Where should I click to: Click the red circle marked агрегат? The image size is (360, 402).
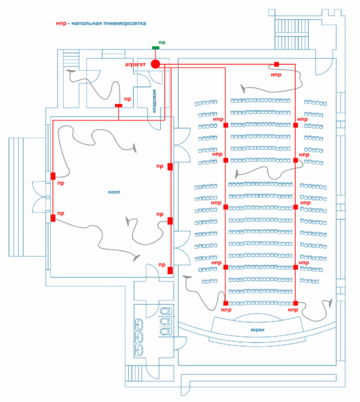point(155,64)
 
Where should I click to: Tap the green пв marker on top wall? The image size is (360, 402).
point(155,47)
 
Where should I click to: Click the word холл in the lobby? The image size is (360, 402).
point(114,192)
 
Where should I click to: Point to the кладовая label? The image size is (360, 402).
point(154,101)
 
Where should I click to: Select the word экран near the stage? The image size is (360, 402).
point(257,330)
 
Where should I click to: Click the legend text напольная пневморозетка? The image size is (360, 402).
point(109,23)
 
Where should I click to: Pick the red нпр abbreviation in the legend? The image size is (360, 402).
point(61,23)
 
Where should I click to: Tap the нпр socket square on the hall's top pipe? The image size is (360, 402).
point(277,64)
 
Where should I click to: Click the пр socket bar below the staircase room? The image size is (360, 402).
point(118,106)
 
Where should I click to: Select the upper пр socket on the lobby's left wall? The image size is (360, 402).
point(53,176)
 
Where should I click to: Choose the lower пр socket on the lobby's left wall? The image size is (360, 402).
point(53,218)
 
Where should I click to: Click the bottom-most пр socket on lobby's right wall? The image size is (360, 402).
point(170,271)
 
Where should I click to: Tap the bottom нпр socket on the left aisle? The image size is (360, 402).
point(226,303)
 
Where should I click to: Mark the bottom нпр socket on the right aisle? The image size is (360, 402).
point(296,303)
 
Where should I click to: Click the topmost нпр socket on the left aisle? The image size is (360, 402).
point(226,125)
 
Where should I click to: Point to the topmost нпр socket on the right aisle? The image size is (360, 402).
point(296,125)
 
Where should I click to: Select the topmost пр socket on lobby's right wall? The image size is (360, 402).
point(170,167)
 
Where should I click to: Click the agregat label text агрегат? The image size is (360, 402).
point(135,65)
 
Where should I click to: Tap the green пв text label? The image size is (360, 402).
point(162,43)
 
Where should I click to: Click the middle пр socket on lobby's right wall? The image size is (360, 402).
point(170,221)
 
